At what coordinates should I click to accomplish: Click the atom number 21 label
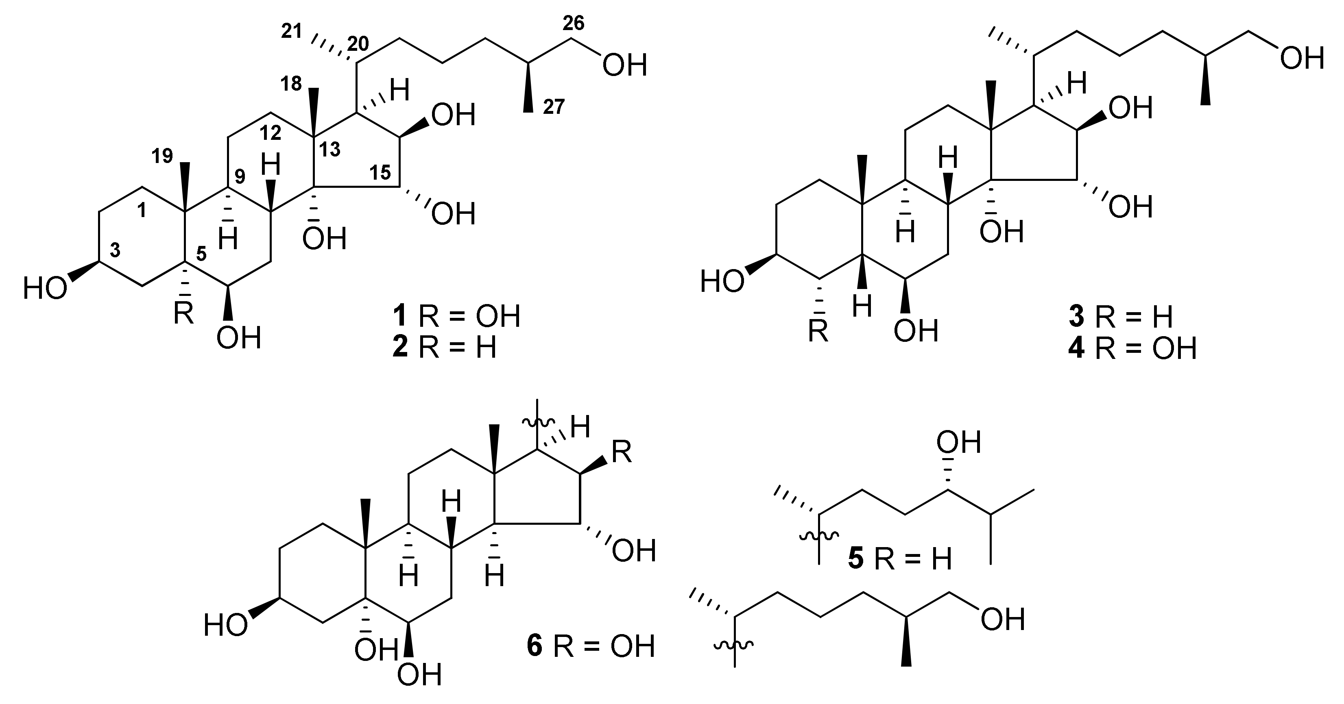tap(291, 32)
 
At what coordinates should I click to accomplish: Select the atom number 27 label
tap(554, 107)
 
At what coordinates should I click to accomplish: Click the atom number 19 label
tap(162, 156)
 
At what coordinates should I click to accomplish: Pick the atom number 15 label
tap(380, 173)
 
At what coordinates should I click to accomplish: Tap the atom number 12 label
tap(271, 133)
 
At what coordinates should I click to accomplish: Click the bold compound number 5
tap(855, 559)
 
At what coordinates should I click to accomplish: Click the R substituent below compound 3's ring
tap(818, 330)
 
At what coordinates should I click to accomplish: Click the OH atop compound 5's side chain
tap(958, 442)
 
